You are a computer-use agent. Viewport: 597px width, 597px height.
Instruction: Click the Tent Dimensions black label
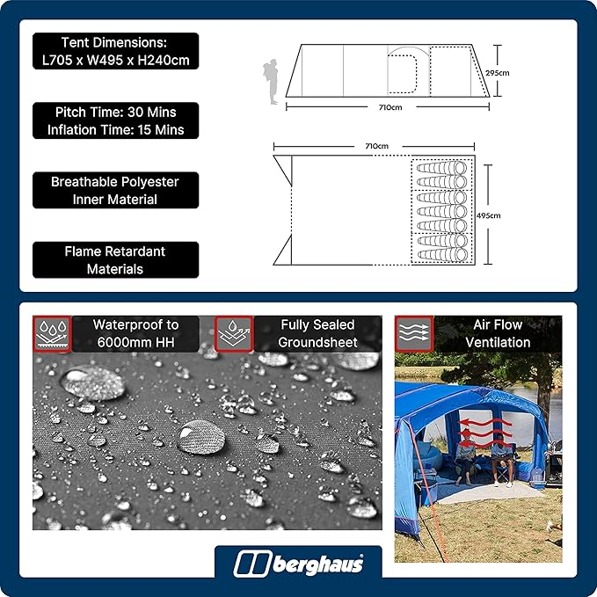[115, 51]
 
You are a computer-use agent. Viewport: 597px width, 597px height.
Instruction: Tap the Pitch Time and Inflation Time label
[115, 120]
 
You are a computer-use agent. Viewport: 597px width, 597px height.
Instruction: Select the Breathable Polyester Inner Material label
[115, 191]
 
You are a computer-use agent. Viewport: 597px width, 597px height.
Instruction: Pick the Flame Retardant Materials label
[115, 260]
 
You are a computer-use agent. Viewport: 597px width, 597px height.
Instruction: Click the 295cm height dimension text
[498, 73]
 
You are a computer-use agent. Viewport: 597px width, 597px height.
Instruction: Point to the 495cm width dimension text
[489, 215]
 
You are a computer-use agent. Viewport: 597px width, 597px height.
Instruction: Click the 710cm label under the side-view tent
[390, 107]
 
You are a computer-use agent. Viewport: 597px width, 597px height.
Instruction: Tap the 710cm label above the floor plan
[376, 146]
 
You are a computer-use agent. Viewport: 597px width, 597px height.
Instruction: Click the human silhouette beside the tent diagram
[271, 82]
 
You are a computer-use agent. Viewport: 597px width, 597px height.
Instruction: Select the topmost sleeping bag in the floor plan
[441, 168]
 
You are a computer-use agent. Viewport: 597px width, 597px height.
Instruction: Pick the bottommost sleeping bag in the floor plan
[441, 255]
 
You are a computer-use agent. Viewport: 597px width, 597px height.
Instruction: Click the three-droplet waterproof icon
[52, 334]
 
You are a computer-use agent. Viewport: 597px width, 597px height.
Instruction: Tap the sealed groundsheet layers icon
[234, 334]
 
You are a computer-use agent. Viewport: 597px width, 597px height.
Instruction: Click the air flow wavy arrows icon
[414, 334]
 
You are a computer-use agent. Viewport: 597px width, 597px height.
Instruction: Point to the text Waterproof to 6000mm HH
[136, 333]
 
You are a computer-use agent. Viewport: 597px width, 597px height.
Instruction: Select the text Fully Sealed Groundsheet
[318, 333]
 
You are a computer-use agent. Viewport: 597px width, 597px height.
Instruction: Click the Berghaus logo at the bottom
[299, 563]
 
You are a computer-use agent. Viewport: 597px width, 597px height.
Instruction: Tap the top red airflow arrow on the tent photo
[485, 423]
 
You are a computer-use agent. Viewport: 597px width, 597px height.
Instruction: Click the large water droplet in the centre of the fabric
[201, 437]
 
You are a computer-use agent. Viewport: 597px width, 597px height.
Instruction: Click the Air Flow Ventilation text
[498, 333]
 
